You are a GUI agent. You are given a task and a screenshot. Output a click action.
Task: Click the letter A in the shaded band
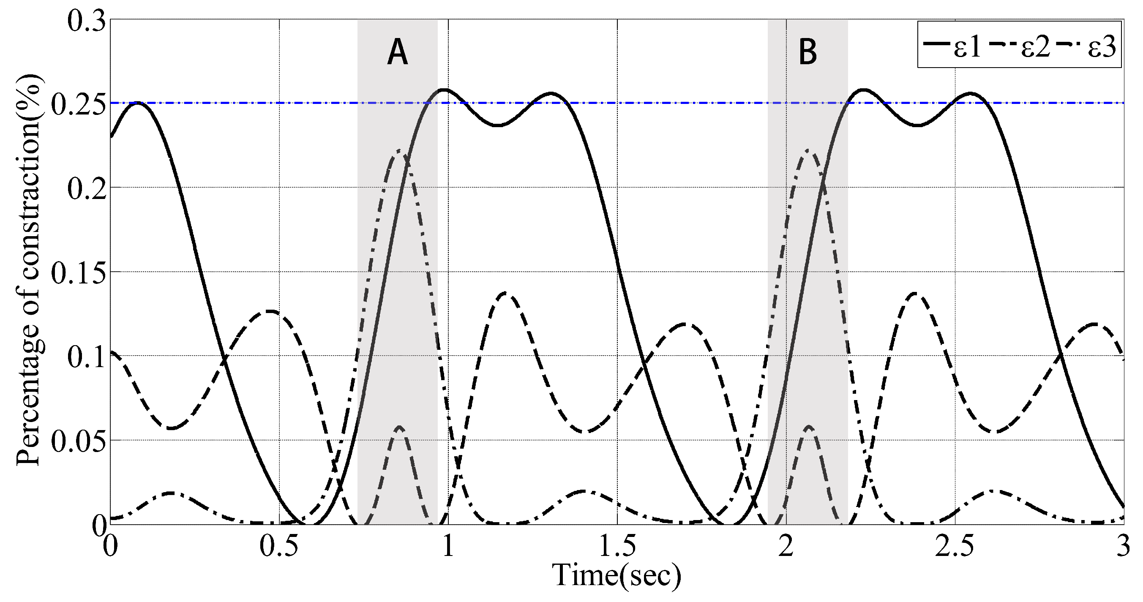(x=397, y=52)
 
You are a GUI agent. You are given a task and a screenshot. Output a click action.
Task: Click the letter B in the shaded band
(x=807, y=52)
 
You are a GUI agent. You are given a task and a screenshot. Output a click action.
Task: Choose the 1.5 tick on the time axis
(x=617, y=547)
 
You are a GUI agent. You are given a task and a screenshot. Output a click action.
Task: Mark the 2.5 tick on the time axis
(x=955, y=547)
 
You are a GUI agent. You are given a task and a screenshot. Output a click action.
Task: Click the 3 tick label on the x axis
(x=1123, y=547)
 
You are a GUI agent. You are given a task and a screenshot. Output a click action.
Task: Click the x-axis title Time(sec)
(x=617, y=575)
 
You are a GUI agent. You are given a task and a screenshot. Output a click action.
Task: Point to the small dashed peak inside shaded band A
(x=400, y=427)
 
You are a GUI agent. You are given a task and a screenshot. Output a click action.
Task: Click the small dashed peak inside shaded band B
(x=809, y=427)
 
